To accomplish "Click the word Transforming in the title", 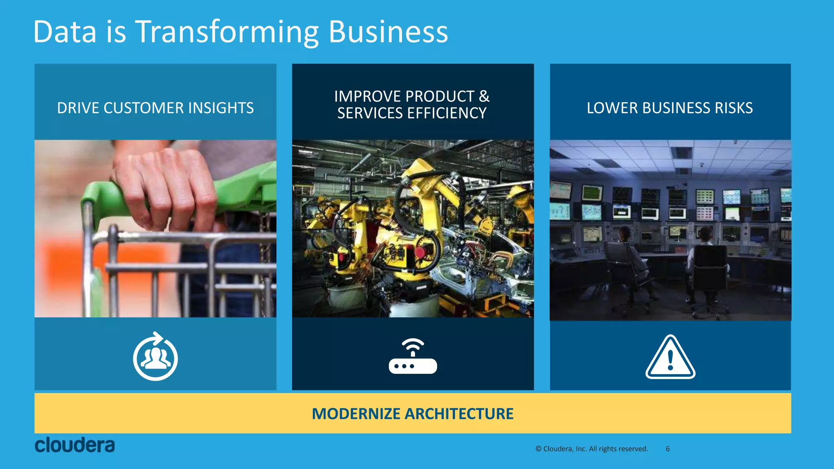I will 227,32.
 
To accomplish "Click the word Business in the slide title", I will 388,32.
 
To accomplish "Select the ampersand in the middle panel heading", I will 484,96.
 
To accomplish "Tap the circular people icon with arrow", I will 155,357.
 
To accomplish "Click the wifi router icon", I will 413,357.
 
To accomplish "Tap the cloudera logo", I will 75,445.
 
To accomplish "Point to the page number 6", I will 668,449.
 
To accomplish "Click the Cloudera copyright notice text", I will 591,449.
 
